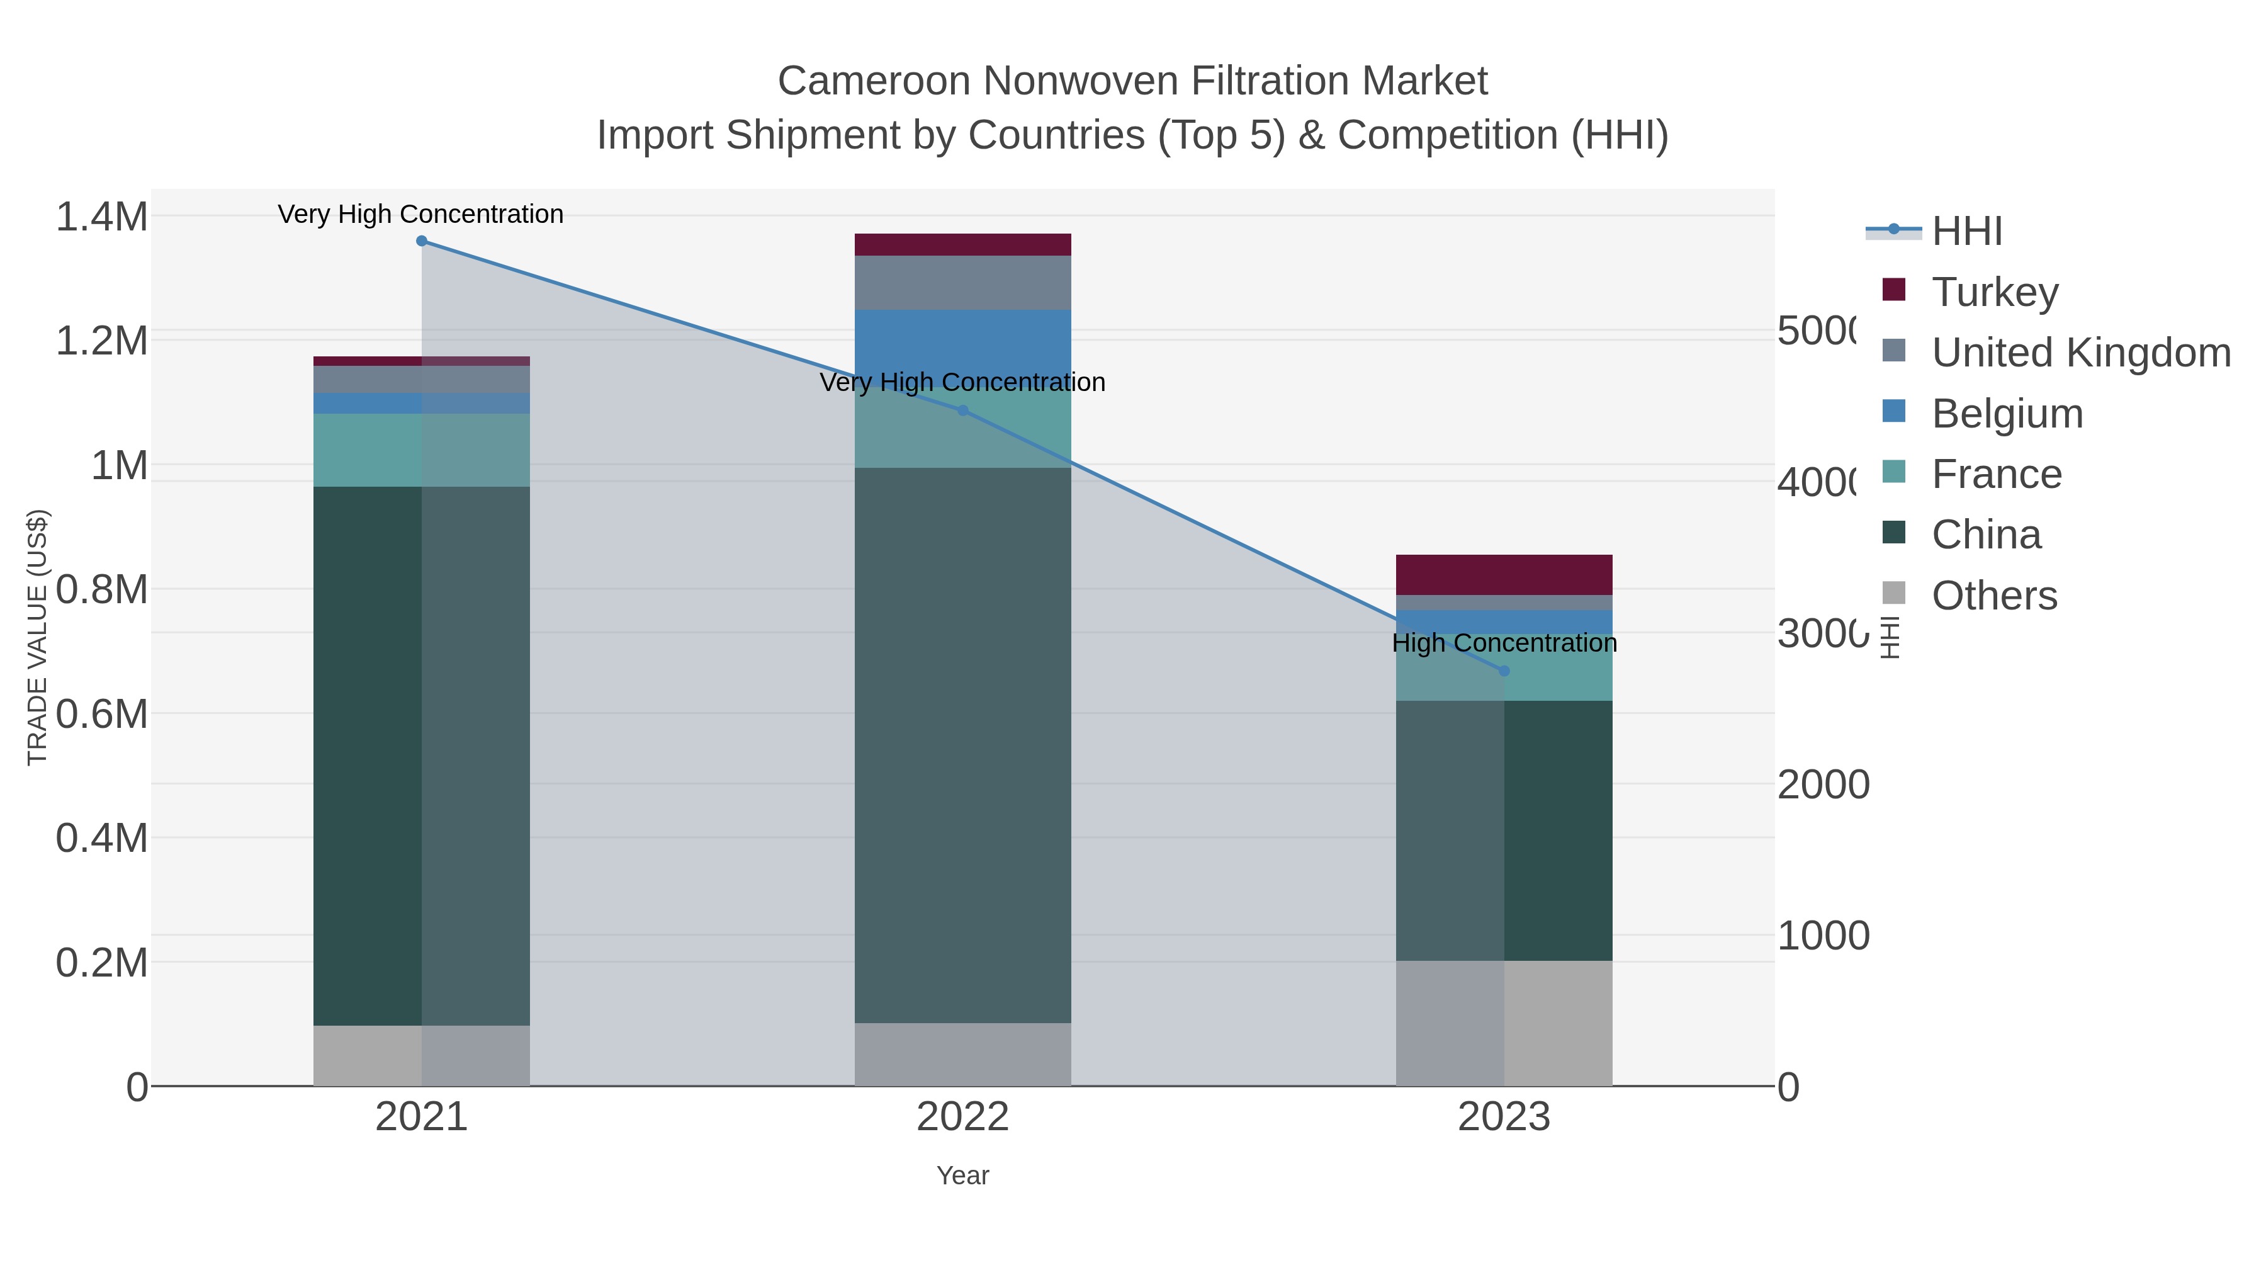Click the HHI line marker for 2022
tap(962, 411)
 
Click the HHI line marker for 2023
tap(1504, 671)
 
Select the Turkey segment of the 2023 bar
tap(1504, 575)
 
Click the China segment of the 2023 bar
tap(1504, 830)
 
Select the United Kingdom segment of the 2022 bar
tap(962, 283)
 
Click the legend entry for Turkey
tap(1994, 292)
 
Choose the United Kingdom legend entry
tap(2080, 352)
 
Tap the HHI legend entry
tap(1967, 232)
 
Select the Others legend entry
tap(1993, 596)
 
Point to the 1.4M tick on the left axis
tap(101, 217)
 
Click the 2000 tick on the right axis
tap(1823, 785)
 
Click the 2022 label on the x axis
tap(962, 1118)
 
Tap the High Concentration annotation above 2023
tap(1504, 643)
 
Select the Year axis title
tap(962, 1176)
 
